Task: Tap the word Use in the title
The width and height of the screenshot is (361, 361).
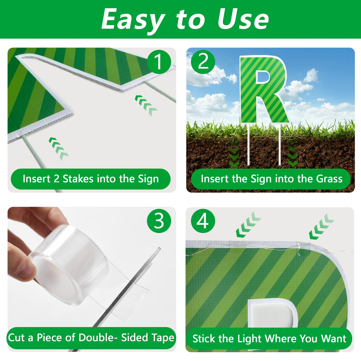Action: (243, 19)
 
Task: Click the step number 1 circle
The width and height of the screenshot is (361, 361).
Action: (159, 62)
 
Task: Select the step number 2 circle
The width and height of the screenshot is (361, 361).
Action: (203, 62)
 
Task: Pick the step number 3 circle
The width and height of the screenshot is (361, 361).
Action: (159, 221)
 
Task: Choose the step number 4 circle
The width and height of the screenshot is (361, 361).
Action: (203, 221)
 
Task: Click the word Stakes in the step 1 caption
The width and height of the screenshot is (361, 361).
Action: (78, 179)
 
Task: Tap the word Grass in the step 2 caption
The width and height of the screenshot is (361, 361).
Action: (329, 179)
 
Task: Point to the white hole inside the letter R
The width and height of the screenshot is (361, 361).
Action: (263, 77)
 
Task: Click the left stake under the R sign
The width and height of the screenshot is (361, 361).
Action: (248, 144)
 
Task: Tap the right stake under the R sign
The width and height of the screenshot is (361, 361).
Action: (279, 144)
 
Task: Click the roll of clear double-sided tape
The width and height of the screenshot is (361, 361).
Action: (68, 264)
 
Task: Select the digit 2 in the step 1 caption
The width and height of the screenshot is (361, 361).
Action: (56, 179)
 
